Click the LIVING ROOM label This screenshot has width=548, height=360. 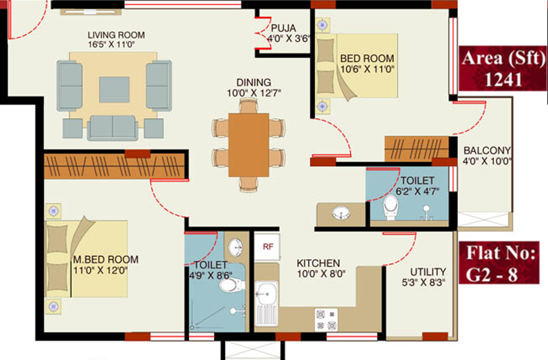tap(116, 35)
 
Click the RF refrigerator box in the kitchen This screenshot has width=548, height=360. tap(267, 246)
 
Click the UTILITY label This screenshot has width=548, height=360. tap(427, 272)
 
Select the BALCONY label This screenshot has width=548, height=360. tap(487, 150)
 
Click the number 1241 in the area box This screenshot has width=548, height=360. tap(503, 80)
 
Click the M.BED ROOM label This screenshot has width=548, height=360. tap(106, 260)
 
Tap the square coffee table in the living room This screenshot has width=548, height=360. tap(113, 89)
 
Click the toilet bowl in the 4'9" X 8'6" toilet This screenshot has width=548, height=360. tap(229, 284)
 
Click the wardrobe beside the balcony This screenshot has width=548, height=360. tap(417, 148)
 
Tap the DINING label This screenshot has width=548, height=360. tap(253, 82)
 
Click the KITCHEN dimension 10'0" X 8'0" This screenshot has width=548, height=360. tap(318, 274)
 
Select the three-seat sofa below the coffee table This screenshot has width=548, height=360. tap(112, 127)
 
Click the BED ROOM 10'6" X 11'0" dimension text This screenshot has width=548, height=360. tap(367, 69)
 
